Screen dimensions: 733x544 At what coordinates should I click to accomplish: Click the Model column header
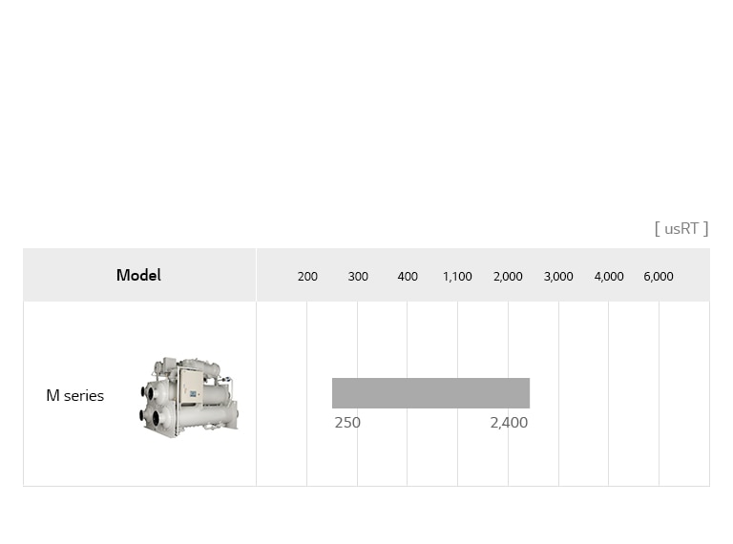(x=138, y=275)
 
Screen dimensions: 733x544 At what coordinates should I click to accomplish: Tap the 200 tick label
(x=307, y=276)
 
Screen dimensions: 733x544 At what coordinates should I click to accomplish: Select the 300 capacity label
(x=358, y=276)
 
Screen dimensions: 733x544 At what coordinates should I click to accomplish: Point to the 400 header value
(x=408, y=276)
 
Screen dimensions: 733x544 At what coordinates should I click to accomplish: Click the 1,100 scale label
(x=457, y=276)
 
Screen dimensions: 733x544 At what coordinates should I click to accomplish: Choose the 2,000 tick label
(x=508, y=276)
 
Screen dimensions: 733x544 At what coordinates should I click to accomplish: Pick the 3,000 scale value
(x=558, y=276)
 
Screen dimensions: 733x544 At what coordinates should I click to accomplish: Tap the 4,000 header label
(x=609, y=276)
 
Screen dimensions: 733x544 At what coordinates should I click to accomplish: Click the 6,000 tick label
(x=659, y=276)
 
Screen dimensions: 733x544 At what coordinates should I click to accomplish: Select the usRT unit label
(x=681, y=228)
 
